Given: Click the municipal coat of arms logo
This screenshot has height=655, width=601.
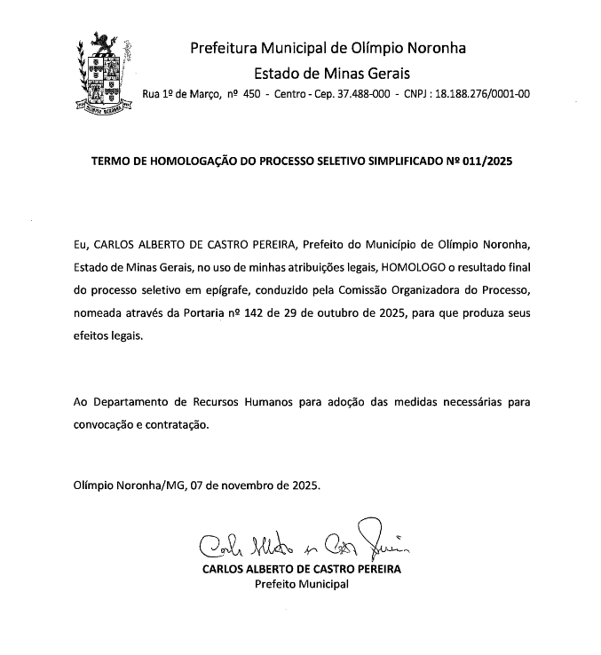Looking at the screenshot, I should coord(105,70).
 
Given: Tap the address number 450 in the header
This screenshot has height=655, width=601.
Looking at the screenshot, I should coord(251,93).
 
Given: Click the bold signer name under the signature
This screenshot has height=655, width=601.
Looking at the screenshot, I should coord(302,569).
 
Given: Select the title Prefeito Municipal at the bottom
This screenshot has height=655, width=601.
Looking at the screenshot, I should coord(302,584).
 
